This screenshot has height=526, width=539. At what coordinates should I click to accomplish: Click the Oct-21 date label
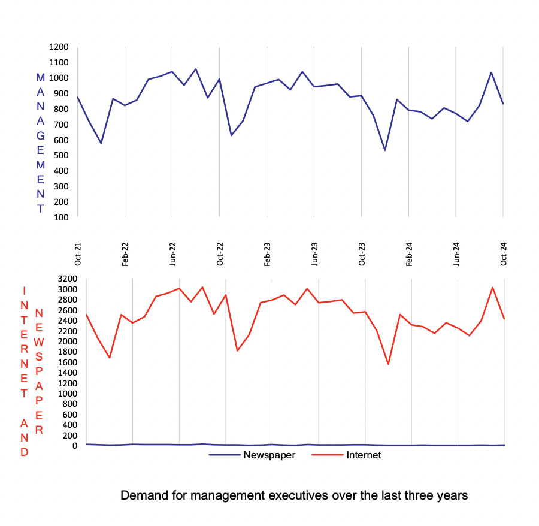[77, 253]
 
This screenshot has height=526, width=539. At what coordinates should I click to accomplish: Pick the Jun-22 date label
[172, 253]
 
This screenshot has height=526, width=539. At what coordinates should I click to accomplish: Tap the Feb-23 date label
[267, 253]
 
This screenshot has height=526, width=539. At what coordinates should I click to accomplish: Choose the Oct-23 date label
[362, 253]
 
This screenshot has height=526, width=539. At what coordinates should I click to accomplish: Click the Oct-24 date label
[504, 253]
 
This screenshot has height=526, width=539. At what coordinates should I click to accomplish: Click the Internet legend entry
[364, 455]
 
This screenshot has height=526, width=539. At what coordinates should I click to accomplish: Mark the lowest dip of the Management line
[385, 150]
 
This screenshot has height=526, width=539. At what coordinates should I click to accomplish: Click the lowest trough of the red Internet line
[388, 364]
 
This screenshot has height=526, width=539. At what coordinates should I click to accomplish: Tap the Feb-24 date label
[409, 253]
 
